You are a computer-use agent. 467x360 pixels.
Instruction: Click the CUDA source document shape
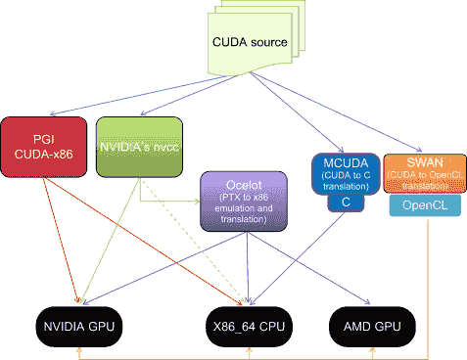pos(250,44)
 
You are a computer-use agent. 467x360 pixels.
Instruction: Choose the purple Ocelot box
pos(240,202)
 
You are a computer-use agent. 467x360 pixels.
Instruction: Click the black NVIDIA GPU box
pos(77,326)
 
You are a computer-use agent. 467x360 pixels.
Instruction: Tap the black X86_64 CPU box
pos(250,326)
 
